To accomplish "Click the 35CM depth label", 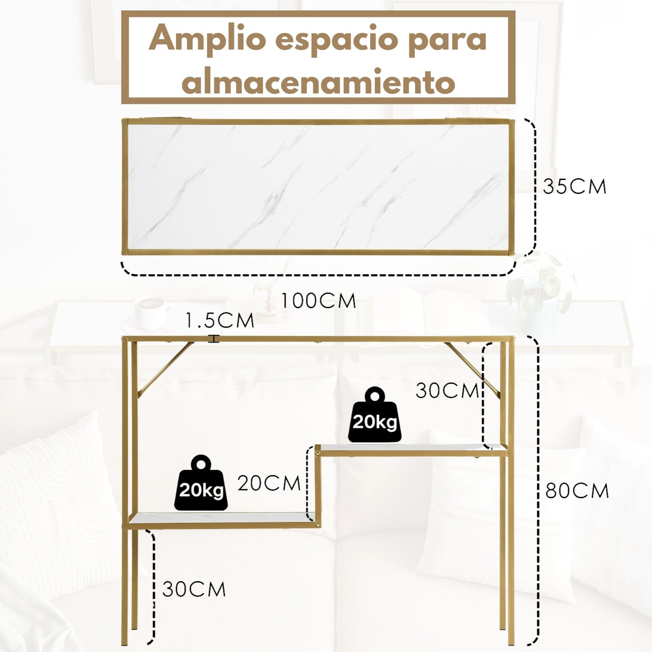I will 574,186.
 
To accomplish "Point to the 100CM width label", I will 319,301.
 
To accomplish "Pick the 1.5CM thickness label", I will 220,321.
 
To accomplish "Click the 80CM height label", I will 577,490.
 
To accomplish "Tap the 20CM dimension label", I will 269,484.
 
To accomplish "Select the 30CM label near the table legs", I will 194,589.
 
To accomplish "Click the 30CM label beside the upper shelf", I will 447,391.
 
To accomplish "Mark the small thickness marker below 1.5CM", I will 213,338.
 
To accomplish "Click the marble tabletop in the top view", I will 318,187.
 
